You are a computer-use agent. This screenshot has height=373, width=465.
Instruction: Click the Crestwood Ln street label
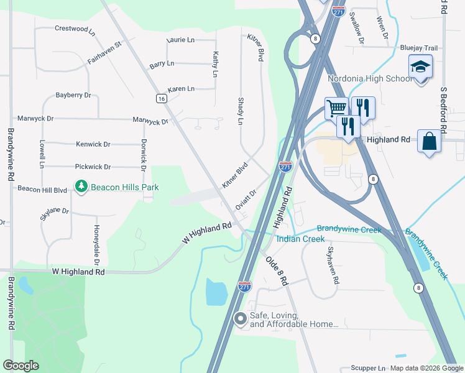pyautogui.click(x=75, y=29)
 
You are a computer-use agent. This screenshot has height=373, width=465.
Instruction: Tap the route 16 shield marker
pyautogui.click(x=161, y=99)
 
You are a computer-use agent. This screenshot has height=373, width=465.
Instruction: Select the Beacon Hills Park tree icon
pyautogui.click(x=81, y=186)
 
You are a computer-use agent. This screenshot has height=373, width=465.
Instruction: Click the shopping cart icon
pyautogui.click(x=336, y=108)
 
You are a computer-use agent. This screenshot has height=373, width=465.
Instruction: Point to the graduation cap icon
pyautogui.click(x=420, y=67)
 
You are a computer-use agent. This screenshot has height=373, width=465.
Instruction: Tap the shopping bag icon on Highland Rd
pyautogui.click(x=429, y=141)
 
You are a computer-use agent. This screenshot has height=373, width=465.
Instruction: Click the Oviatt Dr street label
pyautogui.click(x=246, y=200)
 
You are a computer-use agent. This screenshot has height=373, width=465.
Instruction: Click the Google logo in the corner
pyautogui.click(x=21, y=366)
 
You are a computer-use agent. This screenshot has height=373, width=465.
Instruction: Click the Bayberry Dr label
pyautogui.click(x=73, y=95)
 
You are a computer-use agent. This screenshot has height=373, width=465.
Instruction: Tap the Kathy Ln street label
pyautogui.click(x=215, y=64)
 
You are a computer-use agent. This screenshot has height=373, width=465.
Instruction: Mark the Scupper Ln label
pyautogui.click(x=368, y=368)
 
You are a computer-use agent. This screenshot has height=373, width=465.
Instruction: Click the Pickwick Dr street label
pyautogui.click(x=93, y=167)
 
